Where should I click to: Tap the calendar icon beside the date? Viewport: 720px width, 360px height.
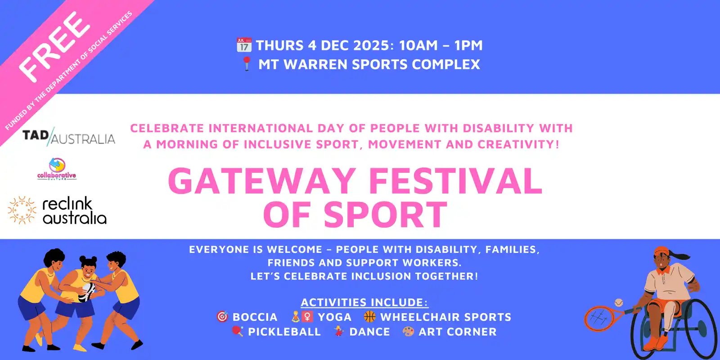click(x=244, y=45)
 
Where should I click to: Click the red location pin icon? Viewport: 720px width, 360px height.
click(x=247, y=63)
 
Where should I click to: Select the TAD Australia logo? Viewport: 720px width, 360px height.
click(x=69, y=137)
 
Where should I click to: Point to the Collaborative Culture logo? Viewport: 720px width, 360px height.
click(x=57, y=169)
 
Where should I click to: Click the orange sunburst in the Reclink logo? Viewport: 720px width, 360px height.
click(x=22, y=210)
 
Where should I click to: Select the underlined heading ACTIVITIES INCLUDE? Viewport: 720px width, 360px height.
click(x=364, y=302)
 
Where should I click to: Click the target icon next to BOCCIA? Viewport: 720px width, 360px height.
click(x=222, y=317)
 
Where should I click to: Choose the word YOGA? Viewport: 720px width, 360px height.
click(x=335, y=317)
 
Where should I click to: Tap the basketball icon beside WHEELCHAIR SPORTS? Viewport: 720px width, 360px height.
click(x=369, y=317)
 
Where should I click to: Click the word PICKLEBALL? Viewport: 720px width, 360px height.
click(x=284, y=332)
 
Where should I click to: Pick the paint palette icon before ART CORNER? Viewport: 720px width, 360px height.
click(x=408, y=331)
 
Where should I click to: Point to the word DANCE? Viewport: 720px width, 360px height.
click(x=369, y=332)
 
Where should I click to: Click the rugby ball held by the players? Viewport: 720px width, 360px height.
click(x=87, y=292)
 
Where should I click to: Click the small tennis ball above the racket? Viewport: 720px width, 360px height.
click(x=618, y=302)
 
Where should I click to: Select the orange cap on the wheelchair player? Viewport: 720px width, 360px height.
click(x=662, y=251)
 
